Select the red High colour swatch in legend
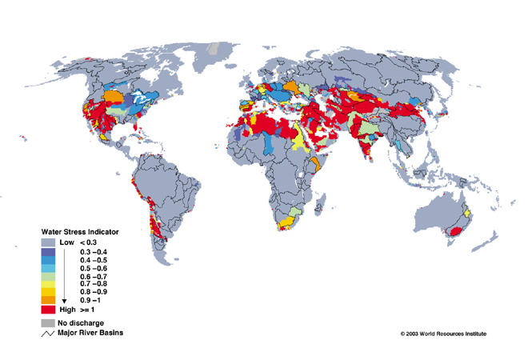click(47, 308)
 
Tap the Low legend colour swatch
click(47, 242)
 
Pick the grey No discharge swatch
click(47, 322)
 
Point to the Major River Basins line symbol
click(47, 332)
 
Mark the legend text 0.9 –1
click(93, 299)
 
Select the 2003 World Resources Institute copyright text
click(443, 334)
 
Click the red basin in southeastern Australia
click(458, 230)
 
